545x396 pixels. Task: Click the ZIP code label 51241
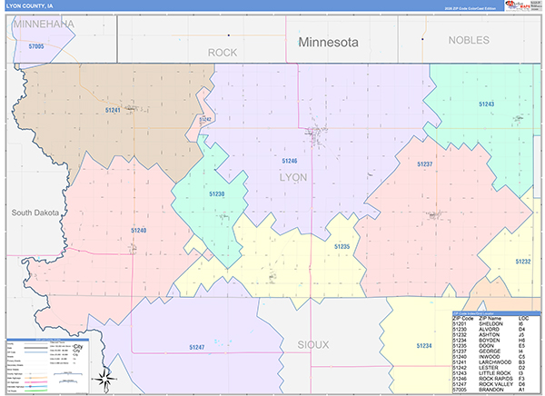click(113, 110)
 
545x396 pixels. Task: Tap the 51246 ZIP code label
click(290, 161)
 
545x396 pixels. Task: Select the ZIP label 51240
click(138, 231)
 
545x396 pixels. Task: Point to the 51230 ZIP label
click(216, 194)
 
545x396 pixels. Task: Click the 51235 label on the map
click(342, 247)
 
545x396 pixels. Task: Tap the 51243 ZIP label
click(487, 104)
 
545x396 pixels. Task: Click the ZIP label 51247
click(197, 347)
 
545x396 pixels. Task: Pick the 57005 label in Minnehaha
click(35, 45)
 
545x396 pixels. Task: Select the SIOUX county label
click(312, 345)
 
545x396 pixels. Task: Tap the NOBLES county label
click(468, 41)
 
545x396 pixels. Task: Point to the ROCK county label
click(223, 53)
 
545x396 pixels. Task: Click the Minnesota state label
click(329, 42)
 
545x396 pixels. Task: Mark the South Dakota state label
click(35, 213)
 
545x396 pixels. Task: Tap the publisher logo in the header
click(523, 6)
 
